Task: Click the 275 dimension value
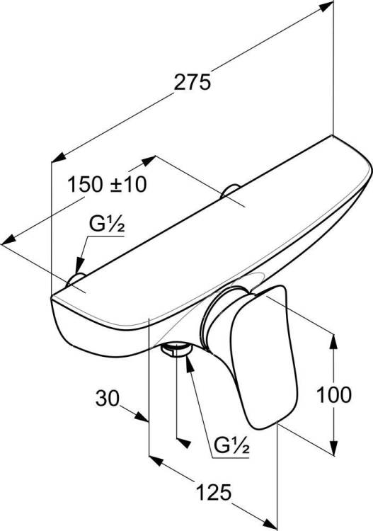click(193, 83)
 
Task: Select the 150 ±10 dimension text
click(107, 185)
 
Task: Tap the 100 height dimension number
click(334, 394)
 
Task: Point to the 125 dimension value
click(214, 492)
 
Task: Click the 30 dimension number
click(108, 398)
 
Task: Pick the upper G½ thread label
click(107, 224)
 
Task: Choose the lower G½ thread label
click(232, 445)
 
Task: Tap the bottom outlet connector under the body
click(176, 349)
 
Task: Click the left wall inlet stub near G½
click(75, 280)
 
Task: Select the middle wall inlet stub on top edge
click(230, 190)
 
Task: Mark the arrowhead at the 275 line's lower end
click(59, 156)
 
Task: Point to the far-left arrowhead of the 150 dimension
click(8, 240)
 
